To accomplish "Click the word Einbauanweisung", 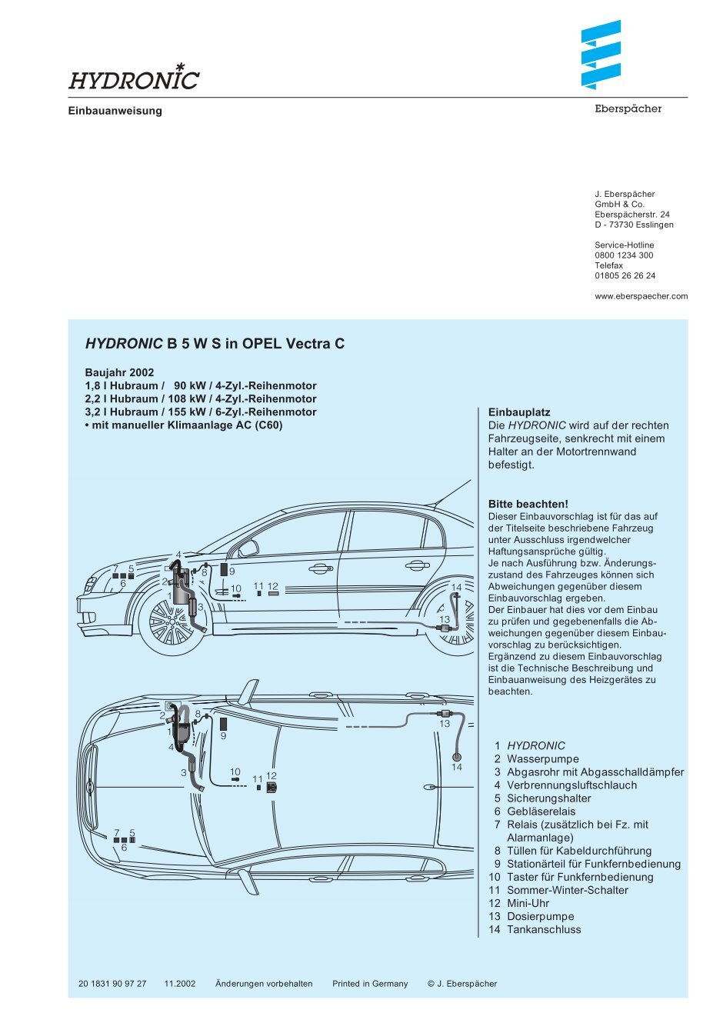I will (115, 111).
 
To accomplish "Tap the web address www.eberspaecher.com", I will (641, 296).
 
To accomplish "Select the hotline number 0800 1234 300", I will (624, 255).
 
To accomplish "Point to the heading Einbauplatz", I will (519, 412).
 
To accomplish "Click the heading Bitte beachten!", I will (528, 505).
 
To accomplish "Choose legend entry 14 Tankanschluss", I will (535, 929).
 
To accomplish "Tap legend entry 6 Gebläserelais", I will (534, 811).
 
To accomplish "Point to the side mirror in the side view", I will (248, 548).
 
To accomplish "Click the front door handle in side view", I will (318, 569).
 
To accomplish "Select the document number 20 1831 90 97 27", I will (112, 984).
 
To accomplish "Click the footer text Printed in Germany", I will (370, 984).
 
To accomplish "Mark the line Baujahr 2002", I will (119, 372).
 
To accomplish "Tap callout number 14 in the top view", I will (457, 767).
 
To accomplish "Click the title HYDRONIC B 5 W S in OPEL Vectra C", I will (215, 344).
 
